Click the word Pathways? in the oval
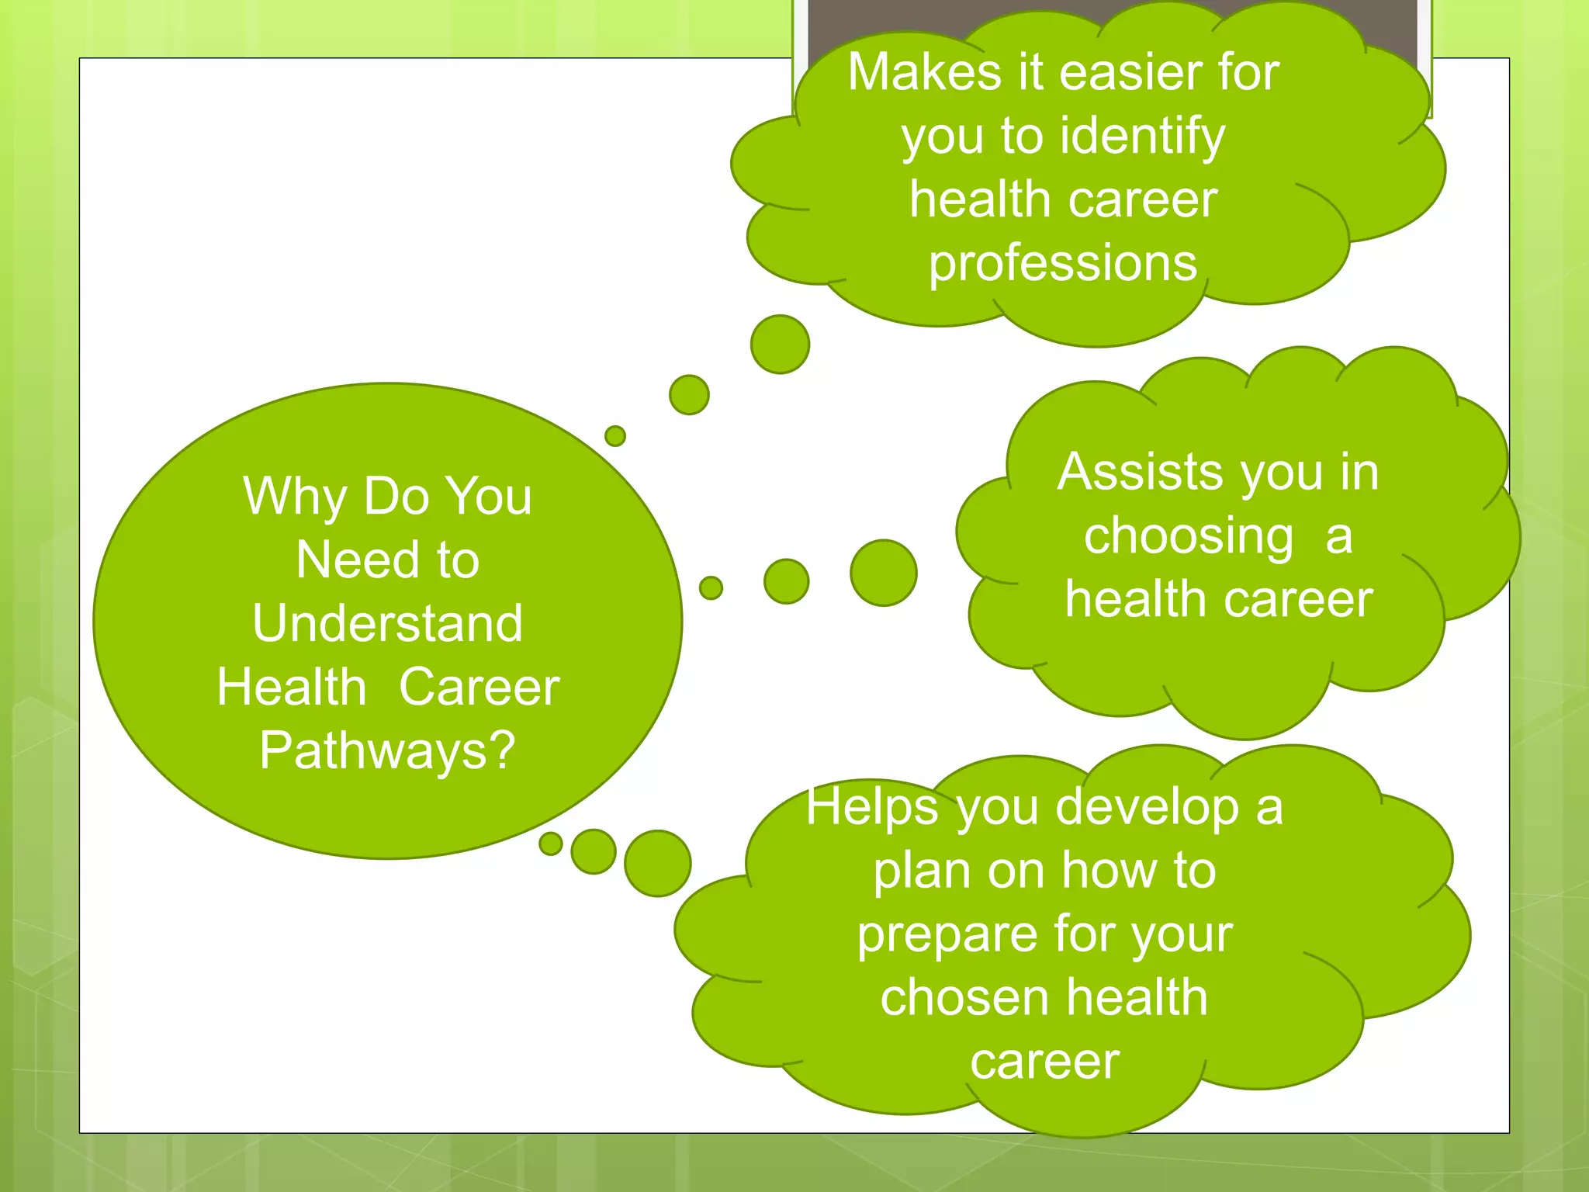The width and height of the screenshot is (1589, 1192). click(x=387, y=751)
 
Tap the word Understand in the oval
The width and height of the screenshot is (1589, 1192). click(x=387, y=623)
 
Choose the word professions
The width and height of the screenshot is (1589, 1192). click(x=1063, y=263)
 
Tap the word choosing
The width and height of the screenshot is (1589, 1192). click(x=1188, y=537)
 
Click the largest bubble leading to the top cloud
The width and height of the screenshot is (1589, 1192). click(x=780, y=344)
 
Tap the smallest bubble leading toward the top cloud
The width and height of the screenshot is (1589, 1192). click(x=614, y=435)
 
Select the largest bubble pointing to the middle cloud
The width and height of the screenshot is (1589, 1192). click(x=883, y=573)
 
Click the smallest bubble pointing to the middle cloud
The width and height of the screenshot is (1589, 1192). click(x=710, y=587)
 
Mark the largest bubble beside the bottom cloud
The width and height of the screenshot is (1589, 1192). click(x=657, y=863)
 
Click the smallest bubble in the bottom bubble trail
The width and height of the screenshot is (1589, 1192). click(x=550, y=844)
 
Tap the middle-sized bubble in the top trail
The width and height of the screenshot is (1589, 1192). click(x=689, y=394)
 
